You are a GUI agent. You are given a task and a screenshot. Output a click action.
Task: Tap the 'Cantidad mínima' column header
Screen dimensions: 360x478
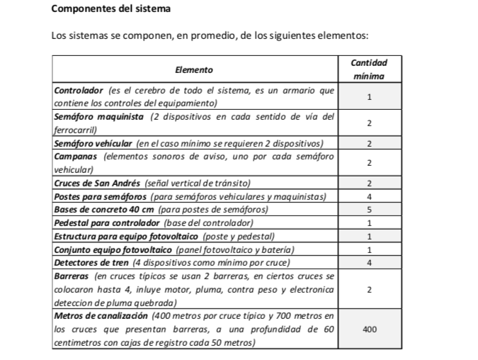pos(369,69)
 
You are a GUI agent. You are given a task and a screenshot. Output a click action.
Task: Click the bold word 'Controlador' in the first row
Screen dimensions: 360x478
pos(79,91)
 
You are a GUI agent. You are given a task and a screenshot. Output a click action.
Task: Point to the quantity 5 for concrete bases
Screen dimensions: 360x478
pos(369,210)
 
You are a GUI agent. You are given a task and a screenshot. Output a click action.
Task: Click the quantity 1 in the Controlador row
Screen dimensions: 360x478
pos(369,97)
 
